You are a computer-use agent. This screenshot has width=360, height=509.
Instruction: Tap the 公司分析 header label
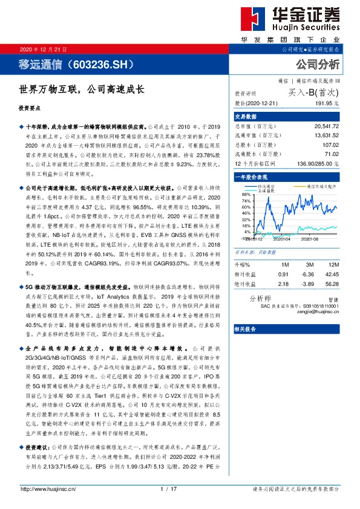click(317, 64)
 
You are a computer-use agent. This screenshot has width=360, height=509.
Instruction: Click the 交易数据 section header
click(246, 116)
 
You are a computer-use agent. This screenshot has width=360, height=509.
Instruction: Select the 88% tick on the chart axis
click(246, 193)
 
